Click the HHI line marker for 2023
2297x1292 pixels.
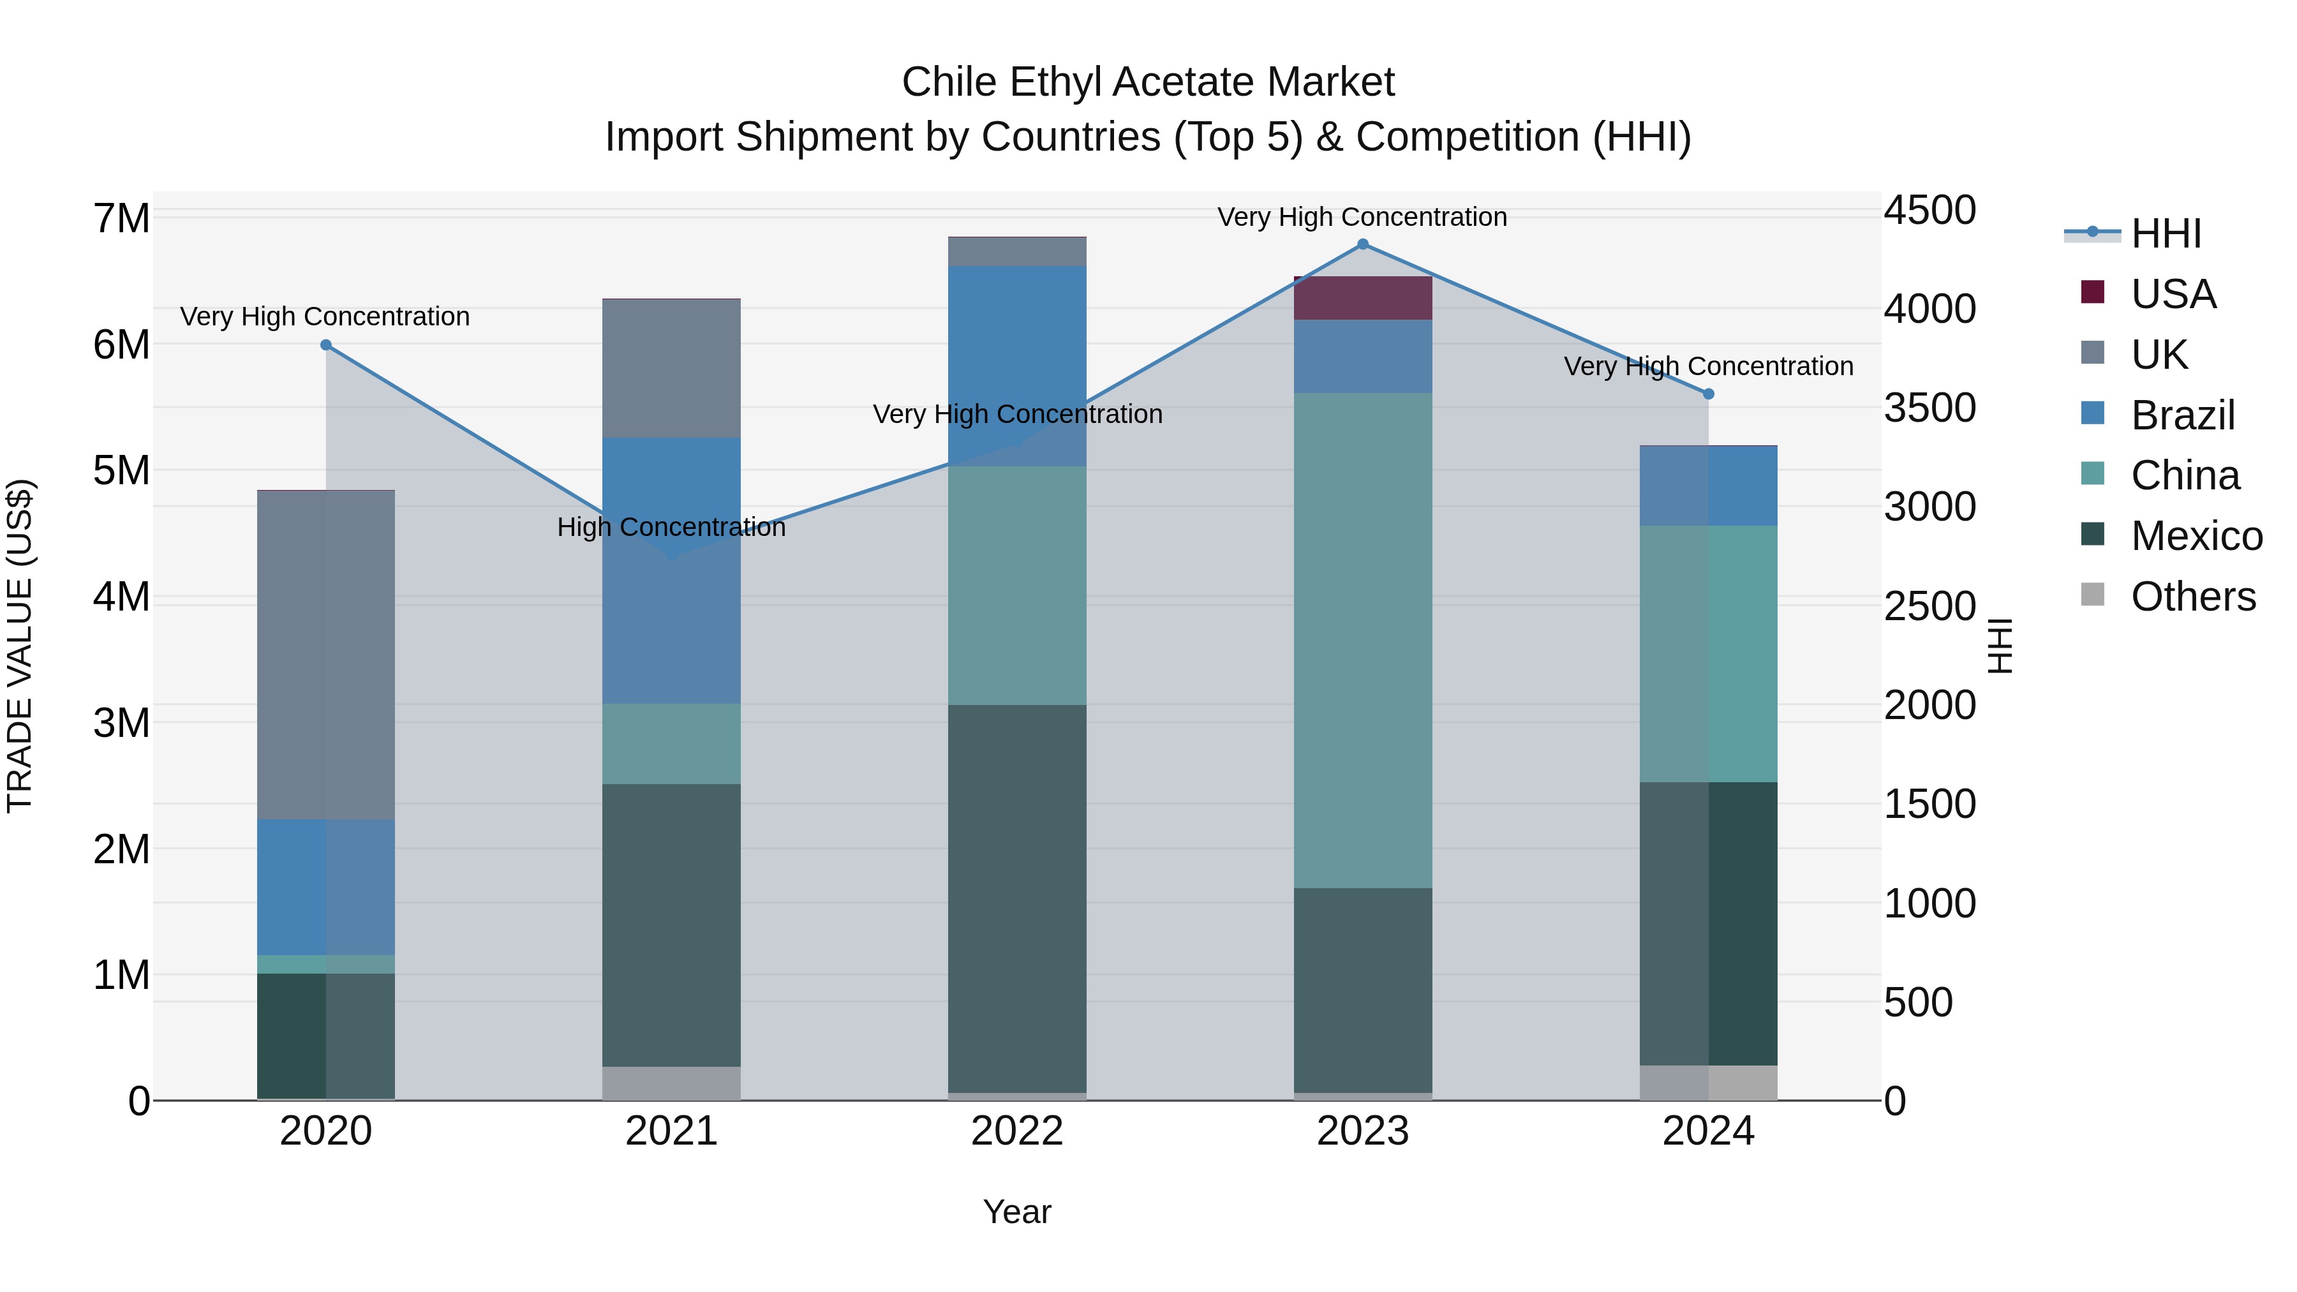point(1362,244)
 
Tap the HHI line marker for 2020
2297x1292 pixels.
point(325,345)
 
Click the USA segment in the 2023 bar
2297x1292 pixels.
point(1362,298)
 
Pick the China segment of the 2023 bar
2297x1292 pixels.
point(1362,640)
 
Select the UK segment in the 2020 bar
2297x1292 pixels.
point(325,655)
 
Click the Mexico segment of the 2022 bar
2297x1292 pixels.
point(1018,899)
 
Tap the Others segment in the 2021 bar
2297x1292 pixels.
point(671,1083)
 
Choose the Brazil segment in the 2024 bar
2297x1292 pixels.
point(1709,486)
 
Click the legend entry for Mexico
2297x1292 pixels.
point(2196,536)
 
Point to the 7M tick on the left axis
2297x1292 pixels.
point(121,218)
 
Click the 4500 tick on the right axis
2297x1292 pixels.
point(1929,211)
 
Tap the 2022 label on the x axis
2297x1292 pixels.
point(1018,1131)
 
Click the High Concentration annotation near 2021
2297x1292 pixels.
point(671,527)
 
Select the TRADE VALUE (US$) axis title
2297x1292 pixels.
point(20,646)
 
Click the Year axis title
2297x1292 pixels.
point(1018,1212)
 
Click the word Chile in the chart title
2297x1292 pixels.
point(949,82)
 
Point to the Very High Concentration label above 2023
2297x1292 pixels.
point(1362,217)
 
